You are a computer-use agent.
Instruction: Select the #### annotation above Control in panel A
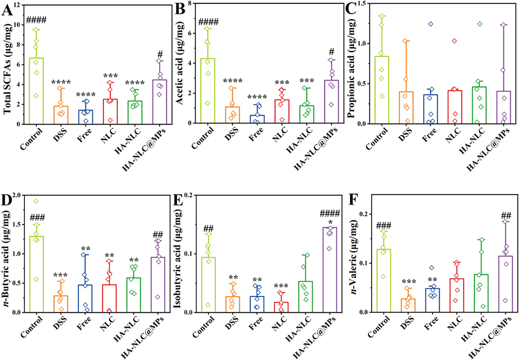point(36,21)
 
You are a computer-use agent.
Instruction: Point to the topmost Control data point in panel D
point(36,201)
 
